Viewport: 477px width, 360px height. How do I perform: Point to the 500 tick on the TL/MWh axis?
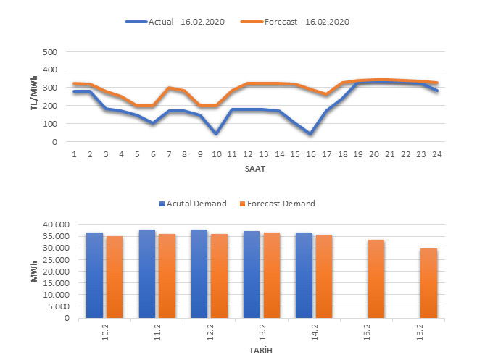point(50,52)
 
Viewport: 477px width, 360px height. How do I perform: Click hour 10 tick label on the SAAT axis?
point(215,154)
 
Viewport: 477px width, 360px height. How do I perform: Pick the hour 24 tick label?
point(437,154)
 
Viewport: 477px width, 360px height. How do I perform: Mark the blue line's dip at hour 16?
point(310,134)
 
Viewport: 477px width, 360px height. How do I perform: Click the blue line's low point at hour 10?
point(216,134)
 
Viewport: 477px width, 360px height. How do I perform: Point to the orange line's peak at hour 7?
point(169,88)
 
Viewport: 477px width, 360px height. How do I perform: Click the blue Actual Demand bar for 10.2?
point(94,275)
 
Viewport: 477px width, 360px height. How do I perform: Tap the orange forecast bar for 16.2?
point(428,283)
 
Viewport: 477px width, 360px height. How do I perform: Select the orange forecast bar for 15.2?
point(376,279)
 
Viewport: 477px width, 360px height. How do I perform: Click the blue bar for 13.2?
point(252,275)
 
